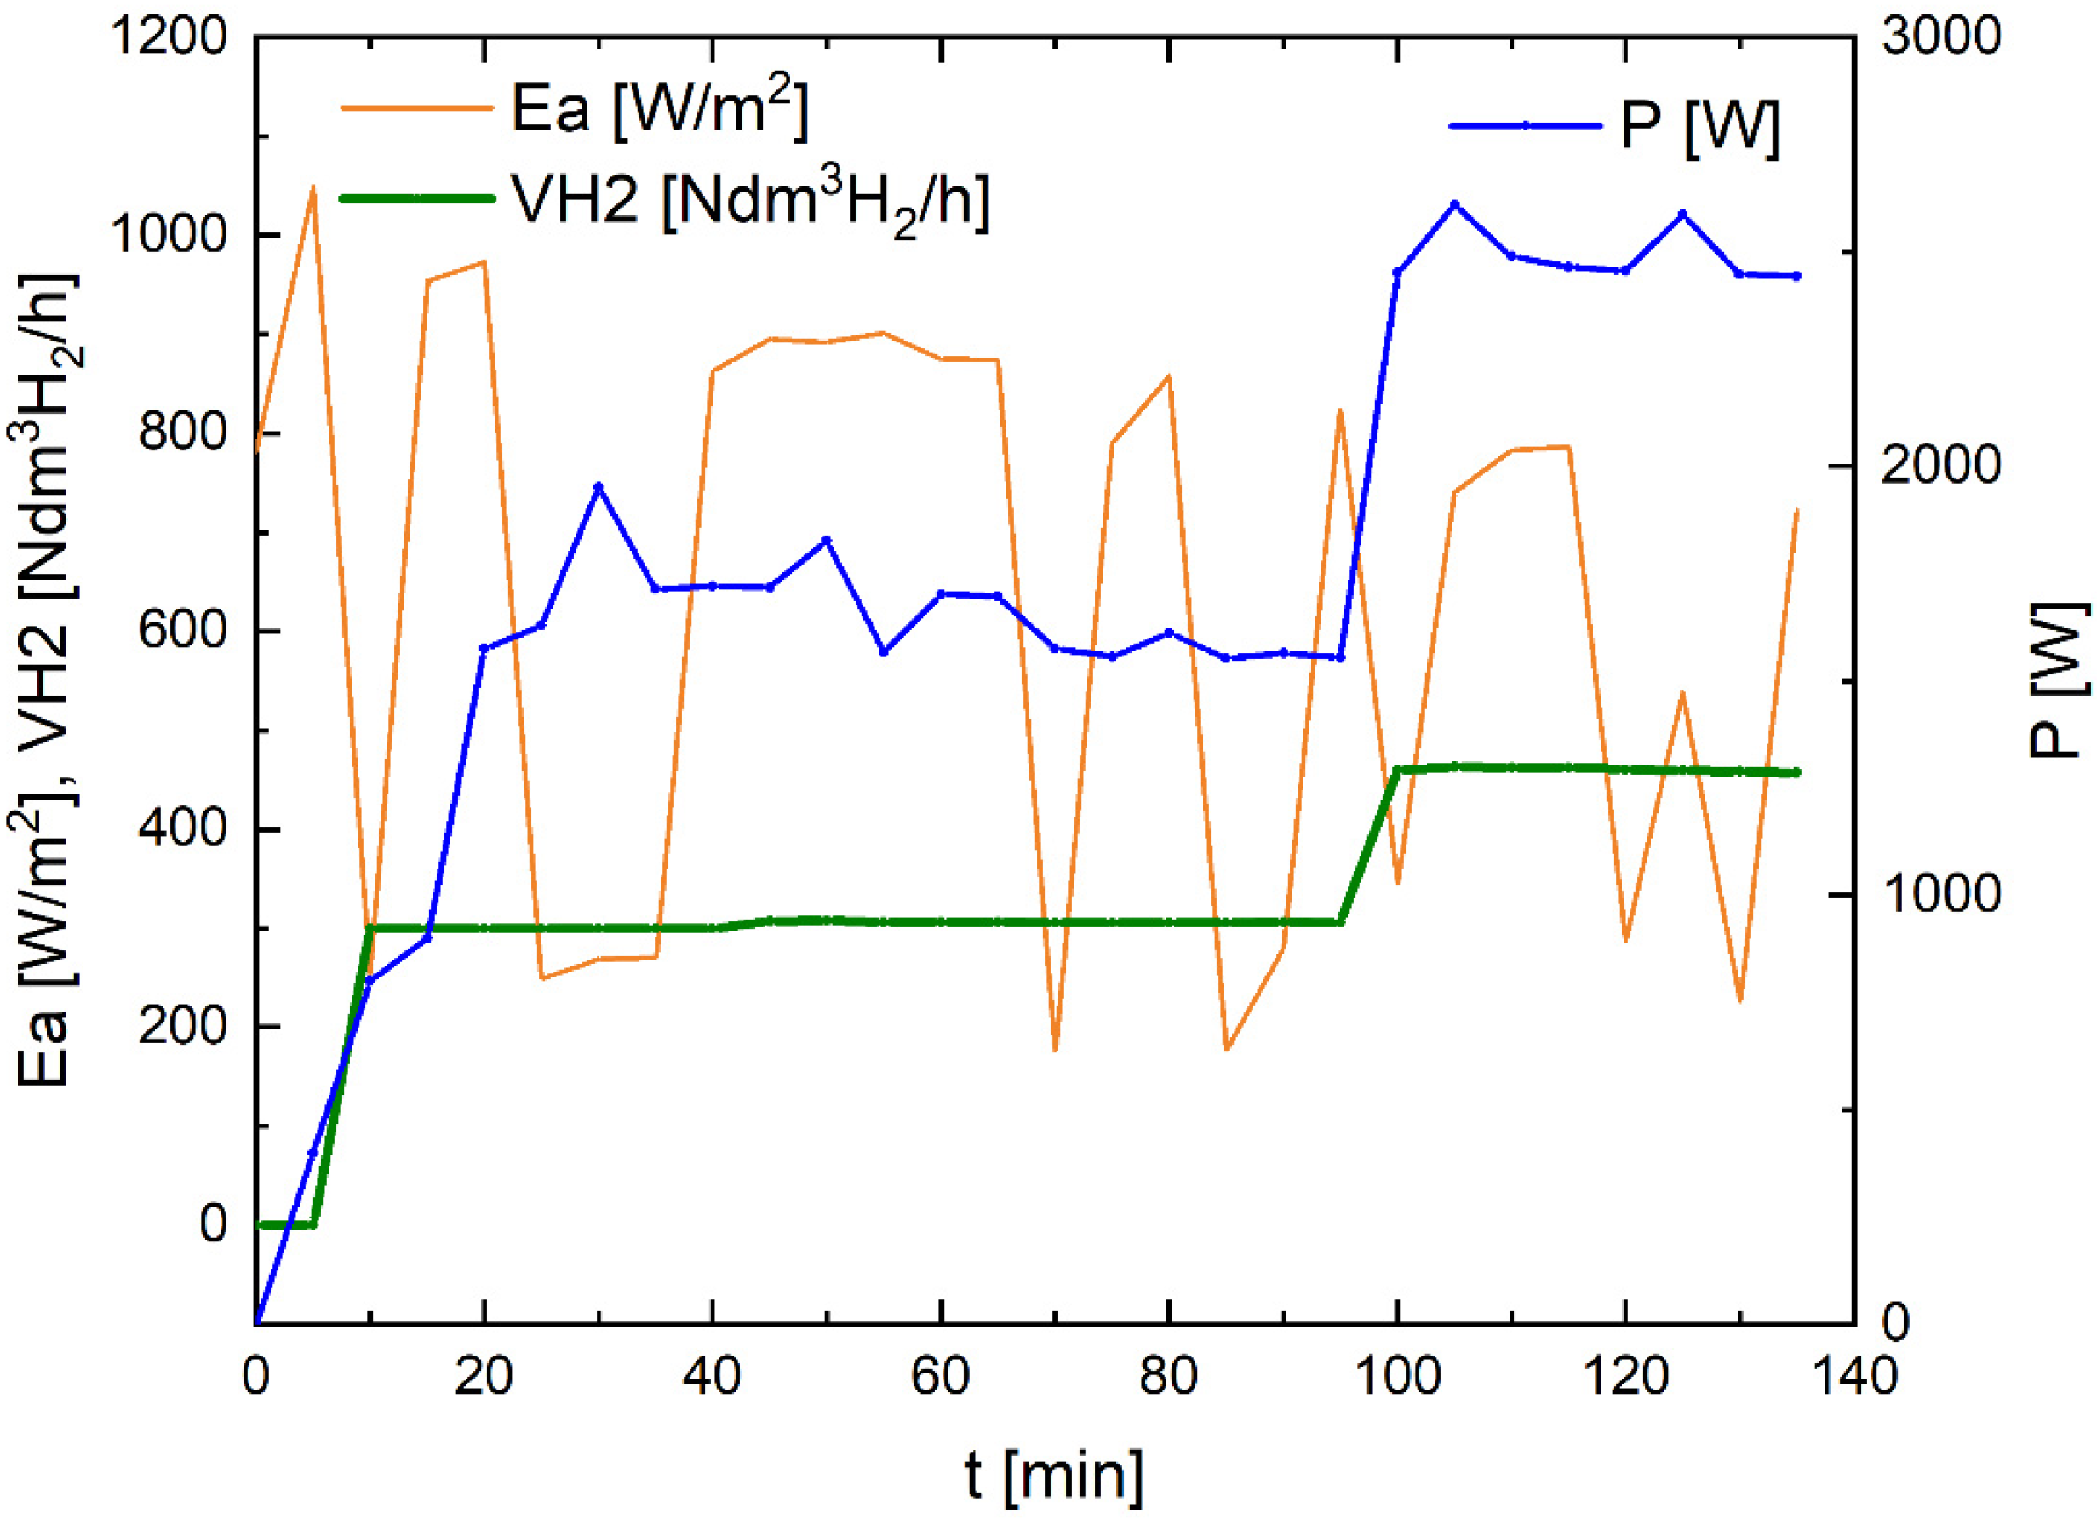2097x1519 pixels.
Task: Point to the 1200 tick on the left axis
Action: click(x=169, y=39)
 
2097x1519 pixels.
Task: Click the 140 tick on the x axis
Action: click(x=1853, y=1377)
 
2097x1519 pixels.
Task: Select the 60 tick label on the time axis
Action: click(x=940, y=1377)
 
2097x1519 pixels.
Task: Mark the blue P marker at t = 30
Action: click(x=599, y=486)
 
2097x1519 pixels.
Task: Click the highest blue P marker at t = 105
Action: click(x=1454, y=204)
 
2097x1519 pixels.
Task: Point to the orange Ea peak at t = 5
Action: click(x=313, y=187)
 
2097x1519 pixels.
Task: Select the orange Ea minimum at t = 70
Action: click(x=1055, y=1049)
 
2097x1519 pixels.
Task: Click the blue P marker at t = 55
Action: click(x=883, y=652)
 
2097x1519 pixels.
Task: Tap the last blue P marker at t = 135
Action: click(x=1797, y=277)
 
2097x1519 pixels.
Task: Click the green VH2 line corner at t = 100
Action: click(x=1397, y=769)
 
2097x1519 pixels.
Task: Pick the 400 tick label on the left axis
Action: click(x=182, y=829)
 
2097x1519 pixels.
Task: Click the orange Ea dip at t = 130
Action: click(x=1740, y=1000)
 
